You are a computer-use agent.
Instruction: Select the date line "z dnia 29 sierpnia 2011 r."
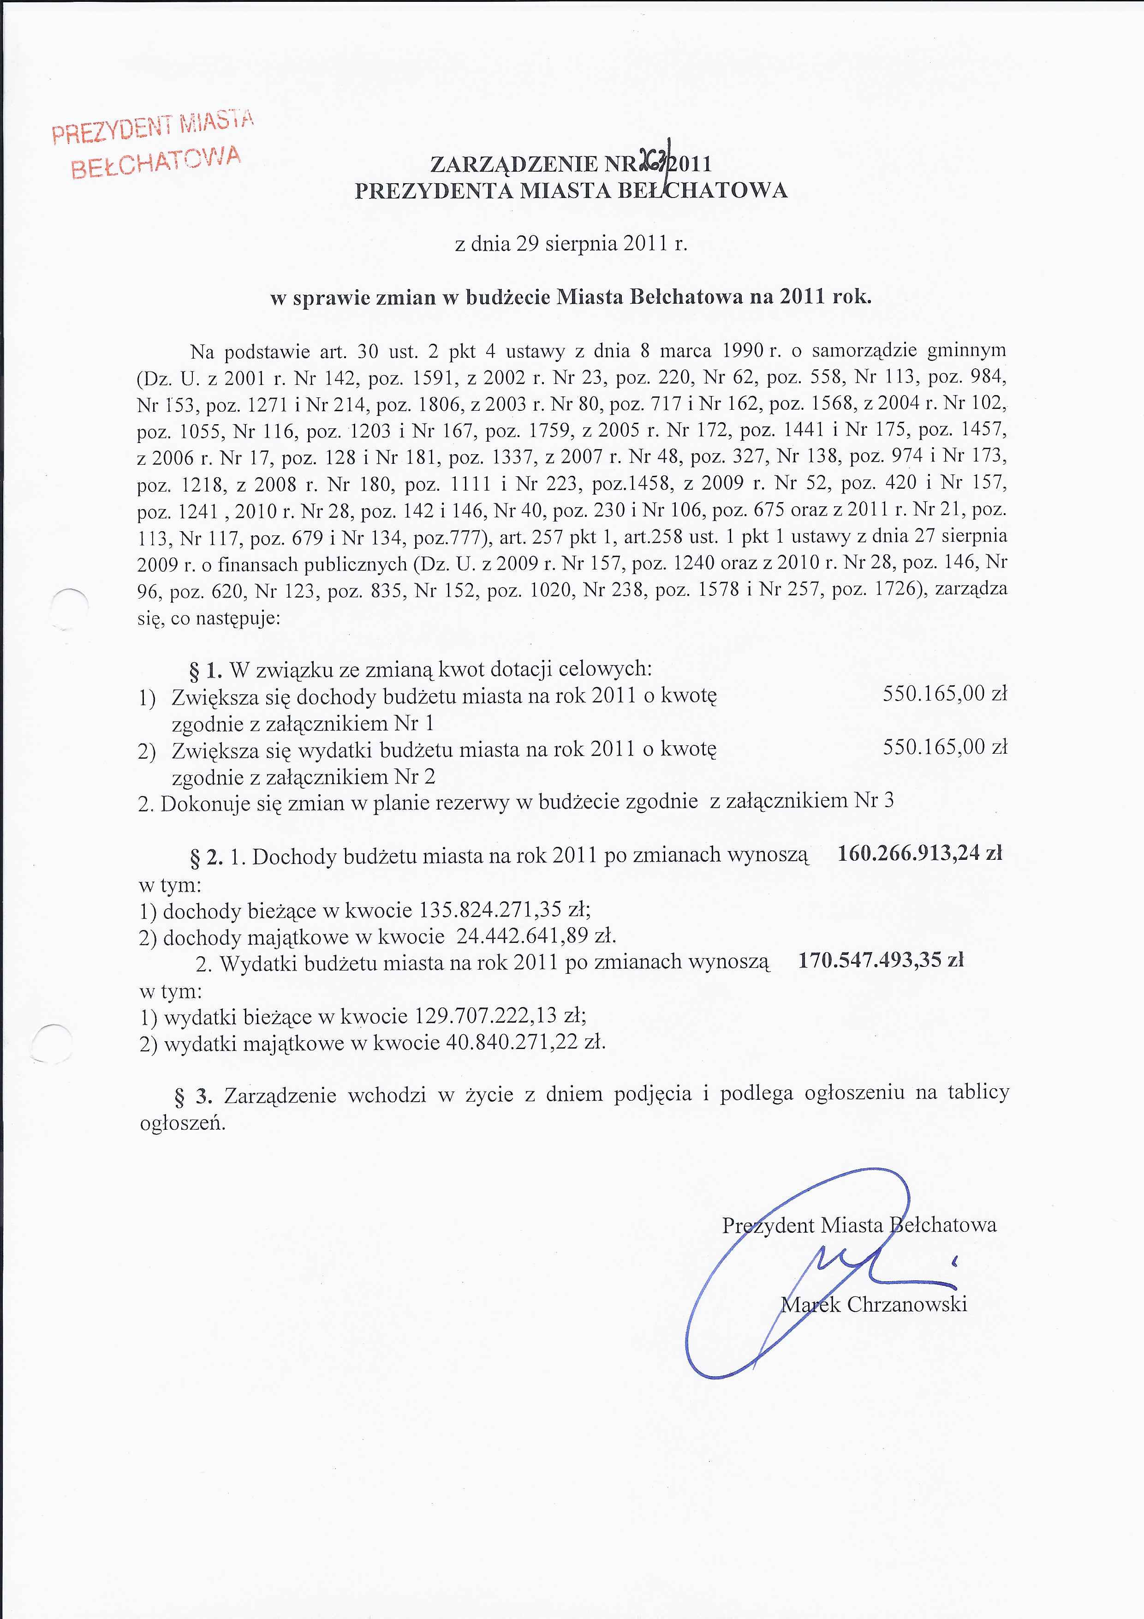(x=571, y=244)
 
